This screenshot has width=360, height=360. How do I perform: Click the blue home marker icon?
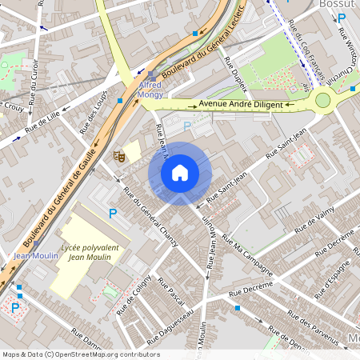pyautogui.click(x=180, y=172)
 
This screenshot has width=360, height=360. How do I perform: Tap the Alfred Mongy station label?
pyautogui.click(x=150, y=89)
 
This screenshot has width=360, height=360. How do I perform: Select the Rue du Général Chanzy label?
pyautogui.click(x=150, y=210)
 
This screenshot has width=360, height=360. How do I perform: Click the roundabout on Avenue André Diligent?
pyautogui.click(x=323, y=100)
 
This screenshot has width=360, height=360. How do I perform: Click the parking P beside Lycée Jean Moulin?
pyautogui.click(x=113, y=214)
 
